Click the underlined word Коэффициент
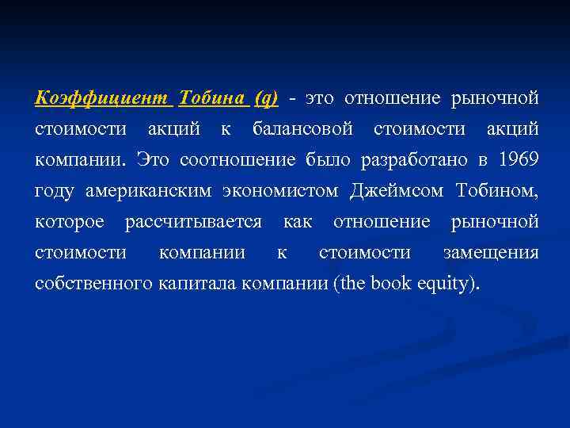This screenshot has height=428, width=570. click(x=101, y=98)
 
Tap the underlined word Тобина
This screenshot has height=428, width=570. click(x=214, y=98)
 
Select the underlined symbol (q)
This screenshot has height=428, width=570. click(x=266, y=98)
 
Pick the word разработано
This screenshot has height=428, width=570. click(x=415, y=160)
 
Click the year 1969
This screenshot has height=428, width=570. click(x=519, y=160)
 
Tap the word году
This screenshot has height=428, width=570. click(x=53, y=191)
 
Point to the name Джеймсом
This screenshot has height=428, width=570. click(x=398, y=191)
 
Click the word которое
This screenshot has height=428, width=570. click(x=69, y=222)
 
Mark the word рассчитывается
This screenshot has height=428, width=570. click(x=193, y=222)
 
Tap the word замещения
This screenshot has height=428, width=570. click(x=491, y=253)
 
